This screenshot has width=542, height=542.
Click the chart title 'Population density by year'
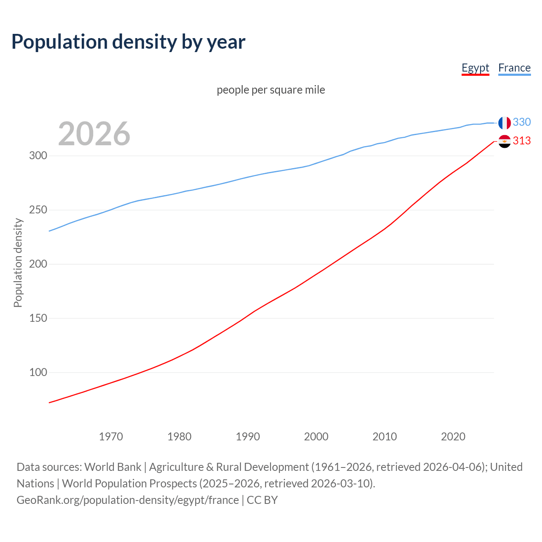128,42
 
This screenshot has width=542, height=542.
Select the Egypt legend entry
475,68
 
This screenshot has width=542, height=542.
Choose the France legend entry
514,68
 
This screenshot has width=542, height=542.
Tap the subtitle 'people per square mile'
271,90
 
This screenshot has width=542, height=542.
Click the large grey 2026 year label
94,134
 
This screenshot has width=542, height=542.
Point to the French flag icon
504,123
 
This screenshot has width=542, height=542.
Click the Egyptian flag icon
504,141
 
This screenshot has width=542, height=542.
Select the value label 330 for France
522,122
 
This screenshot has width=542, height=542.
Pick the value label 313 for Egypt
522,141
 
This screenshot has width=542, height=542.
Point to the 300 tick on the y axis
38,156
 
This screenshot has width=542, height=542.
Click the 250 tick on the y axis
38,210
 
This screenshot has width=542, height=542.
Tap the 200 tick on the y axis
38,264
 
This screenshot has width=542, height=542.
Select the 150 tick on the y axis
38,318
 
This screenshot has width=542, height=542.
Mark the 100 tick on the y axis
38,373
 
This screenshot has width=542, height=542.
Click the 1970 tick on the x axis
111,437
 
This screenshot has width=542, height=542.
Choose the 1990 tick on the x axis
248,437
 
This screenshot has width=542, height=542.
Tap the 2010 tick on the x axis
384,437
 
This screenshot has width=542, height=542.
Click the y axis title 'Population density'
18,263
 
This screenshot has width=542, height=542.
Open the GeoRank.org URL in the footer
127,500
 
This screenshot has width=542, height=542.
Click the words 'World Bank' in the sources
113,467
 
